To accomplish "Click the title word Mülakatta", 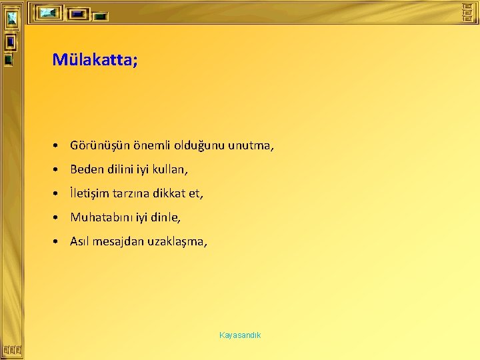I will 92,61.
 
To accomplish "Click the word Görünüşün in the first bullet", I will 95,145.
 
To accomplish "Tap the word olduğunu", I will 196,145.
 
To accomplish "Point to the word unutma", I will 250,145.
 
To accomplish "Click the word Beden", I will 86,169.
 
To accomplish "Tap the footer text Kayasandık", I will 240,335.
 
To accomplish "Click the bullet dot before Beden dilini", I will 59,170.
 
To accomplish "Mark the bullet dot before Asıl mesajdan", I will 59,242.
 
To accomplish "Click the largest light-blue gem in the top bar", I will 48,13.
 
